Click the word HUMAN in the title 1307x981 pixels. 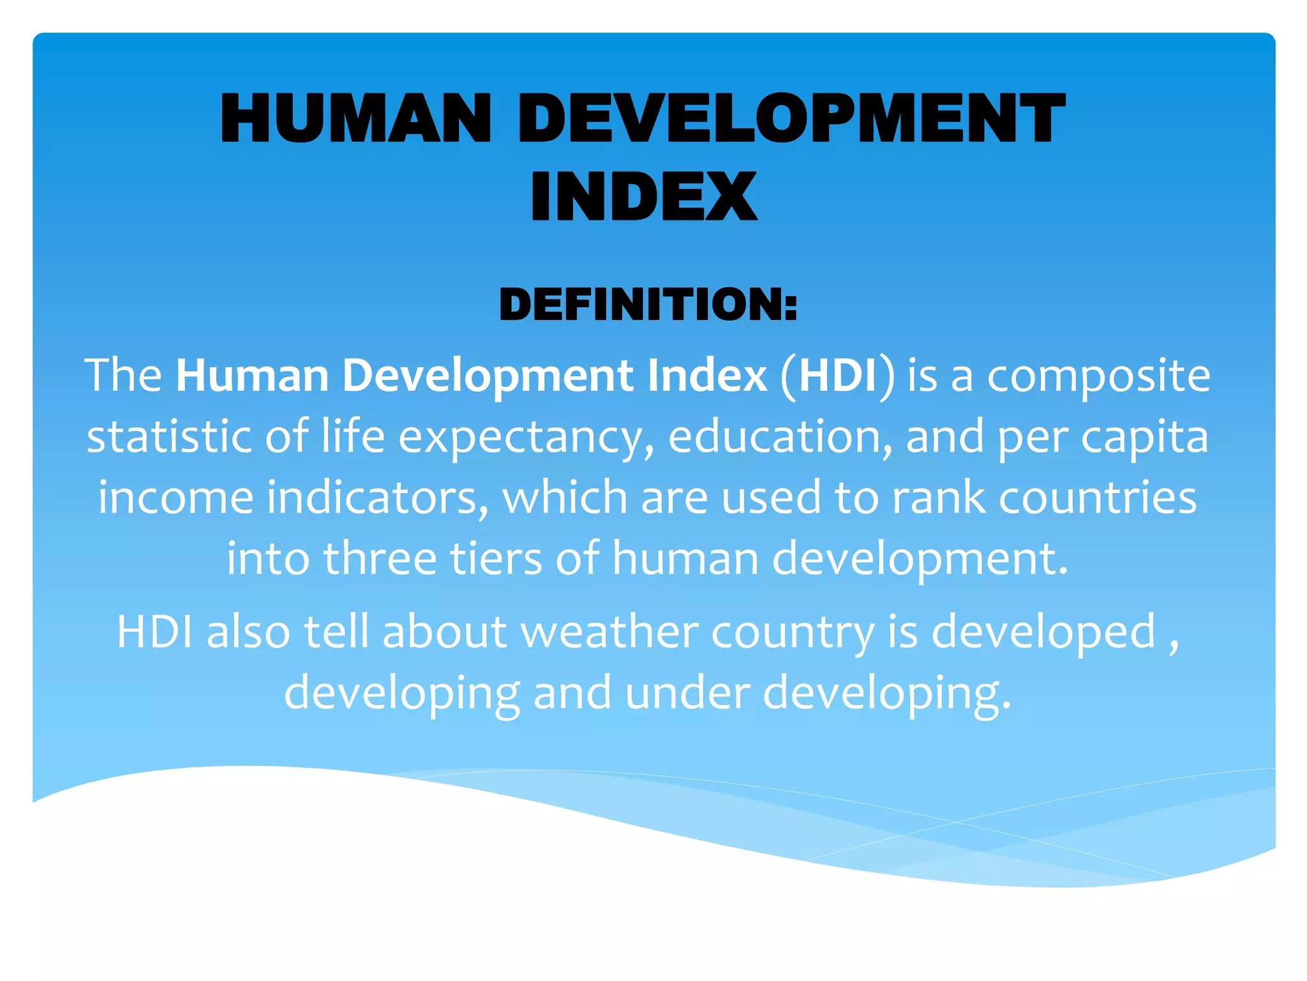355,119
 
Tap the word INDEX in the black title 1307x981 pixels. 643,197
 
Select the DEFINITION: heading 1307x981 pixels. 648,304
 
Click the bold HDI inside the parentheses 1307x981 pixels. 837,376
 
